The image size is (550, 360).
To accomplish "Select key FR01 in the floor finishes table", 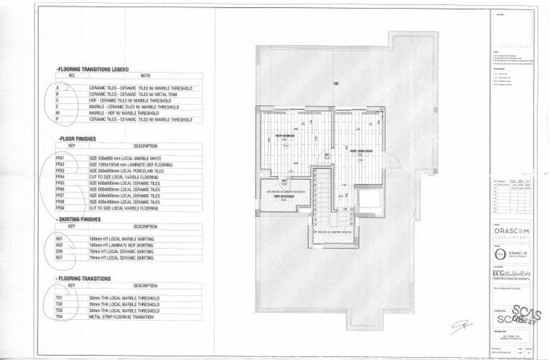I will (59, 158).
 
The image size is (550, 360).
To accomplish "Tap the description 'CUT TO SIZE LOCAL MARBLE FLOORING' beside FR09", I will (123, 208).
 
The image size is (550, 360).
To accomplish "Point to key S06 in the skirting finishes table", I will (59, 252).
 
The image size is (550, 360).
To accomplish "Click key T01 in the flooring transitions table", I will (59, 297).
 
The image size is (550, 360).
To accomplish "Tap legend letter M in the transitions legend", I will (57, 113).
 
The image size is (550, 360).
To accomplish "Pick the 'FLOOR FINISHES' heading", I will (77, 139).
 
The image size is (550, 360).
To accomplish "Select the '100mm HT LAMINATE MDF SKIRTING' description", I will (121, 245).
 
